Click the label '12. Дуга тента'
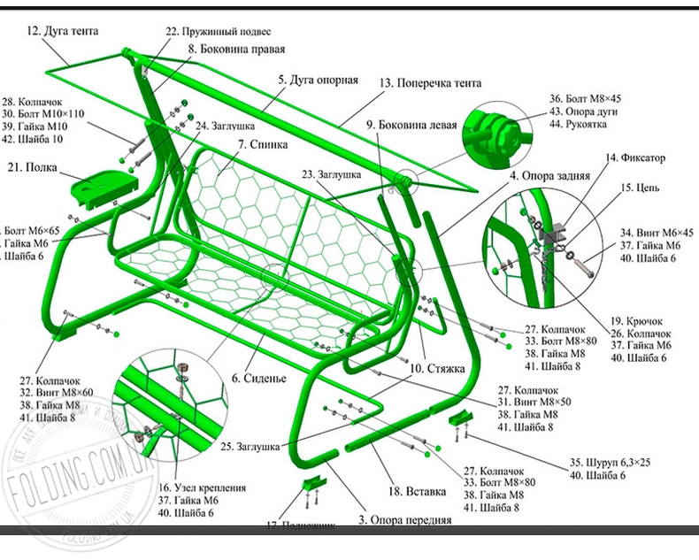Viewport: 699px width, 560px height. (x=62, y=30)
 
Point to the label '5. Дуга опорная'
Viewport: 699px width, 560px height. (x=318, y=80)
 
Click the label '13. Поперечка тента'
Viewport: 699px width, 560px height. (x=431, y=83)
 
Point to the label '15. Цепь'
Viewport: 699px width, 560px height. (x=640, y=188)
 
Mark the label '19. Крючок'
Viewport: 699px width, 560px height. (x=636, y=320)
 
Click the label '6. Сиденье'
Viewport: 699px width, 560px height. (x=260, y=378)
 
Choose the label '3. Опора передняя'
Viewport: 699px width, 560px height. (x=404, y=520)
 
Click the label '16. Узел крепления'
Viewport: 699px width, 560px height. (x=202, y=487)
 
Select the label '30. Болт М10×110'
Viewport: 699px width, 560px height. (x=44, y=114)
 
